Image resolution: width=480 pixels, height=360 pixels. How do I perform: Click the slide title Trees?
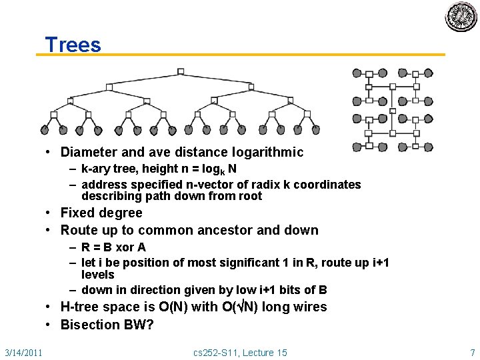73,45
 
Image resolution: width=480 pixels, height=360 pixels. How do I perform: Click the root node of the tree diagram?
181,71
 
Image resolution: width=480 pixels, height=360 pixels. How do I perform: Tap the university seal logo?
461,17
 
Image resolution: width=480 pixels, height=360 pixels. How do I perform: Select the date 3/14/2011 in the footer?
23,352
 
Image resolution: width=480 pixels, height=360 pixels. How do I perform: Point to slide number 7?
472,352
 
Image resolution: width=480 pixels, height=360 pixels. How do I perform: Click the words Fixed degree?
101,213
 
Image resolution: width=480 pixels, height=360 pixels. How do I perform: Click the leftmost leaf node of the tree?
45,130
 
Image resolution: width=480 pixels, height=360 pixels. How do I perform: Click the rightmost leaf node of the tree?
316,130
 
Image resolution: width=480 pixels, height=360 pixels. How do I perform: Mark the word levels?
98,275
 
